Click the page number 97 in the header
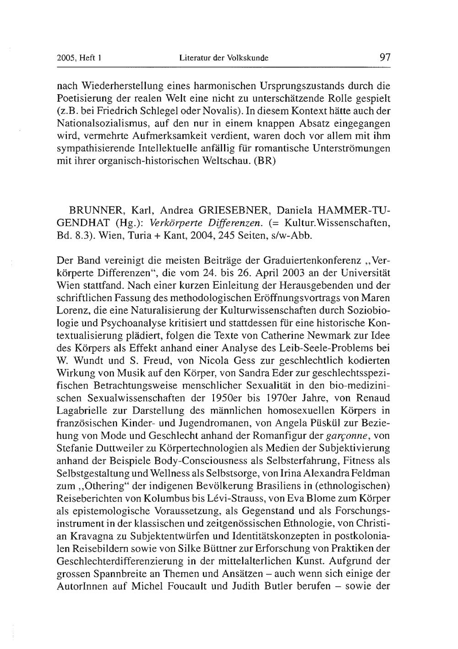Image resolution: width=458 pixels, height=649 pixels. pos(385,58)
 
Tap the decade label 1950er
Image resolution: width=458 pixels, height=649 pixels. pos(222,396)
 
